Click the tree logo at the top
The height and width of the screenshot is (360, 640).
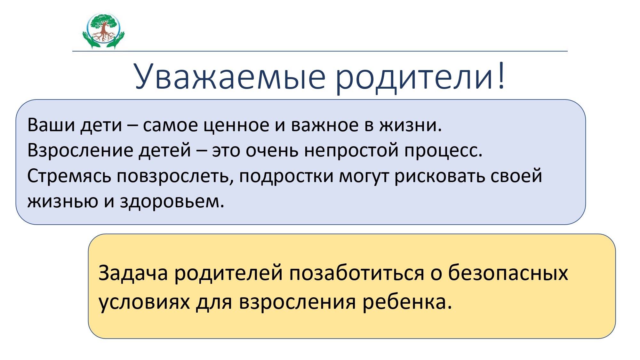coord(103,31)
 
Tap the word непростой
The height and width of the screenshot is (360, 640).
coord(351,150)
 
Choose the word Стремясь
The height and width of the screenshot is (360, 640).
coord(69,176)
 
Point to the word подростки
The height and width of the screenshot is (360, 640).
coord(286,176)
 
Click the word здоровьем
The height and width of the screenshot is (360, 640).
coord(172,202)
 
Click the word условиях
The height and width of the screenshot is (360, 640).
coord(144,302)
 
